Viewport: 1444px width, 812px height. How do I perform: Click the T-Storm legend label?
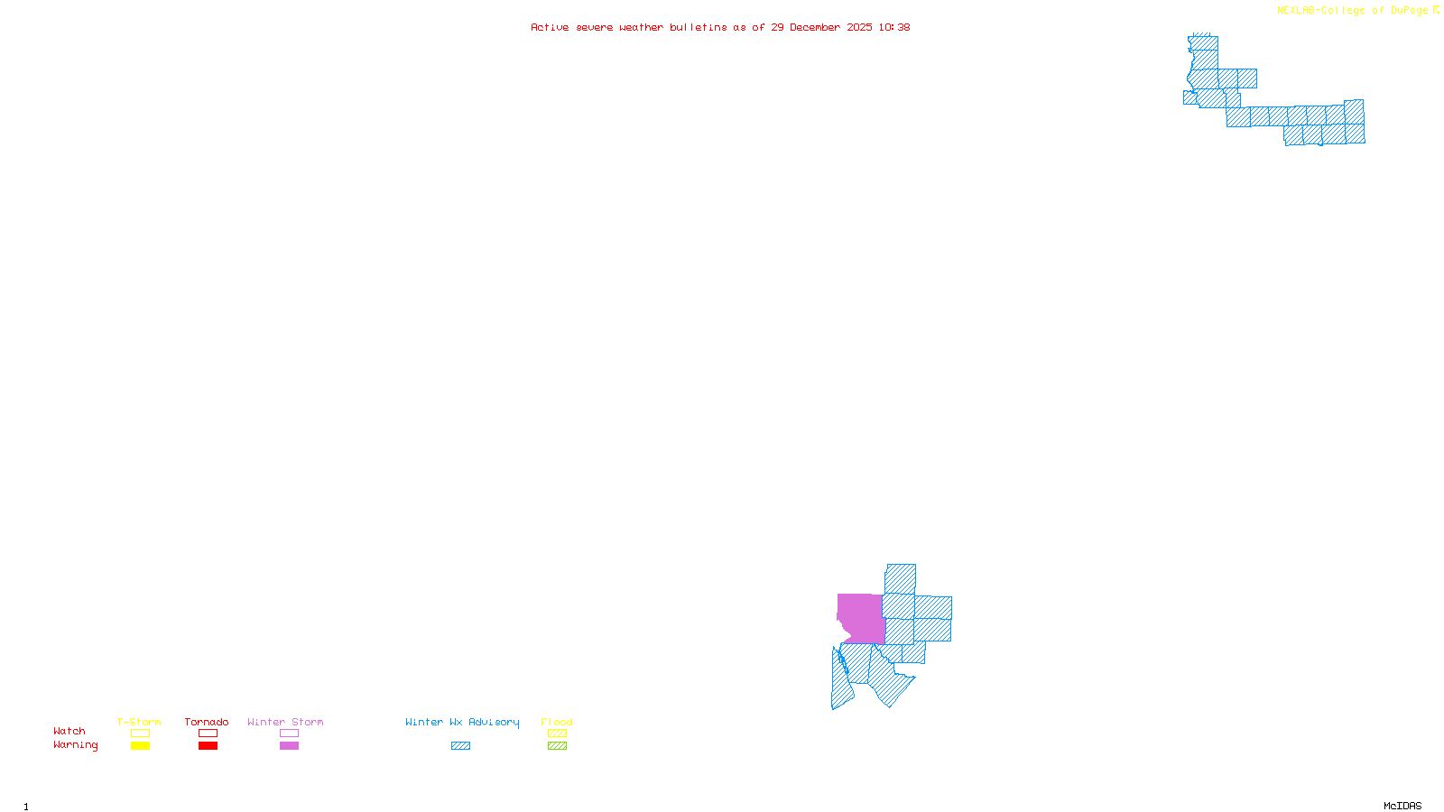click(x=139, y=722)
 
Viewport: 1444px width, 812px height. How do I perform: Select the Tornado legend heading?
click(x=207, y=722)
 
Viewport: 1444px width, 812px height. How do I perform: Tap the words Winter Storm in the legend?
click(x=285, y=722)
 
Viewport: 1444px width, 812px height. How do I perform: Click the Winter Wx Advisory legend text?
click(x=462, y=722)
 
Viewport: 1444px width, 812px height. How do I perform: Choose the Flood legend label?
click(x=557, y=722)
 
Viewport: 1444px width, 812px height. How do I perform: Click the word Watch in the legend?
click(x=69, y=731)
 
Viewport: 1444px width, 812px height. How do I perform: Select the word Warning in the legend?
click(x=76, y=745)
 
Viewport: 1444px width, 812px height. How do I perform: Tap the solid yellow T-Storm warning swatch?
click(x=140, y=746)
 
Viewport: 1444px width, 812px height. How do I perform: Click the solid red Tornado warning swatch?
click(x=208, y=746)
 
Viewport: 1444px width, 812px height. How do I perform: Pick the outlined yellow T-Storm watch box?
click(x=140, y=734)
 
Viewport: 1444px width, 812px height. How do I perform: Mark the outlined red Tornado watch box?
click(x=208, y=734)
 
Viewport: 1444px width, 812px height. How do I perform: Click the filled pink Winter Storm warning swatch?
click(x=289, y=746)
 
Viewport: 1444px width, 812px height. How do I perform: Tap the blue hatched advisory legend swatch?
click(x=460, y=746)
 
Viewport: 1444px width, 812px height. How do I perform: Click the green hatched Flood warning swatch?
click(x=557, y=746)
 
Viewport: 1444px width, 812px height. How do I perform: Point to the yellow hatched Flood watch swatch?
click(x=557, y=734)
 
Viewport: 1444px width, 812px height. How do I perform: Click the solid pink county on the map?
click(x=862, y=618)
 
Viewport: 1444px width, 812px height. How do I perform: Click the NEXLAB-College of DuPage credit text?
click(x=1353, y=11)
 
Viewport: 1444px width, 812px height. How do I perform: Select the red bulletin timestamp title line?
click(x=720, y=27)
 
